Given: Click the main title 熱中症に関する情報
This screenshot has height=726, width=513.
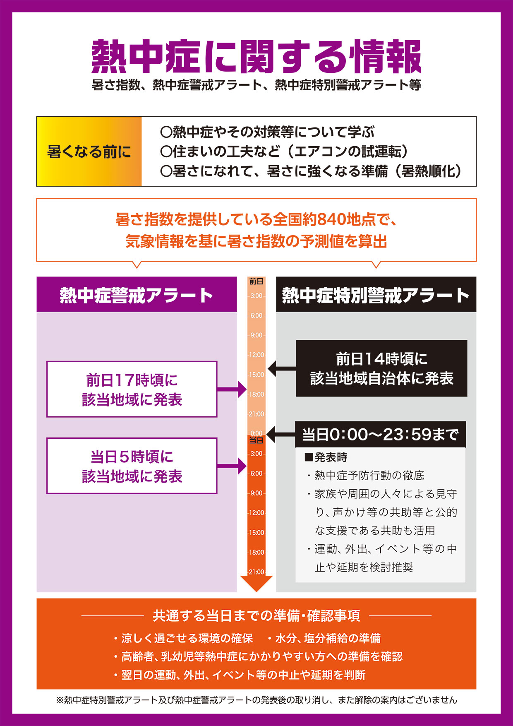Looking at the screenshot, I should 256,57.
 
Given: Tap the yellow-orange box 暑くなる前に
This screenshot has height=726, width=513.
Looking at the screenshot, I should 89,151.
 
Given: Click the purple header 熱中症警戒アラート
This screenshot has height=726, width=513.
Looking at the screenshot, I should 137,295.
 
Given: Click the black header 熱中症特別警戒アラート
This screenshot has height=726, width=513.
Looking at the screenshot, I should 376,295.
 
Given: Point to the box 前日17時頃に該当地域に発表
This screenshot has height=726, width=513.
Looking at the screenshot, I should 132,389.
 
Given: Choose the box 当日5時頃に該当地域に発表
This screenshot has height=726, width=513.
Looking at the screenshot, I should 132,466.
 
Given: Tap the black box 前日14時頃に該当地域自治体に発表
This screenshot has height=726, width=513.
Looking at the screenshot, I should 381,368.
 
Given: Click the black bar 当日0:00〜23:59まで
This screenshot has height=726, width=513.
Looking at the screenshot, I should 380,435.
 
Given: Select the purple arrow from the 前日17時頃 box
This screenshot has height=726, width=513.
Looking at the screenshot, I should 232,389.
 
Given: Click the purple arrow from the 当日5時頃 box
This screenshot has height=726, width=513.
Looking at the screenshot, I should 232,466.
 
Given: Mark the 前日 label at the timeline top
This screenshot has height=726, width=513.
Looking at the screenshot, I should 256,281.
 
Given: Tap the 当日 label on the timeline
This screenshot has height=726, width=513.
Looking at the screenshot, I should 256,440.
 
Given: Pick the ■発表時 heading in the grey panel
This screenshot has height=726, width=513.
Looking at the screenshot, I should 326,457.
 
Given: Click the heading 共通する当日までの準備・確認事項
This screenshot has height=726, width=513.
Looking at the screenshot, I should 256,616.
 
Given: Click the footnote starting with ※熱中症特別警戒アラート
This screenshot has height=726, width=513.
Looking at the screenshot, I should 256,700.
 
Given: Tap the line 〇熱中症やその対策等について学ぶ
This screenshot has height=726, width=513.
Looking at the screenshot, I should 267,132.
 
